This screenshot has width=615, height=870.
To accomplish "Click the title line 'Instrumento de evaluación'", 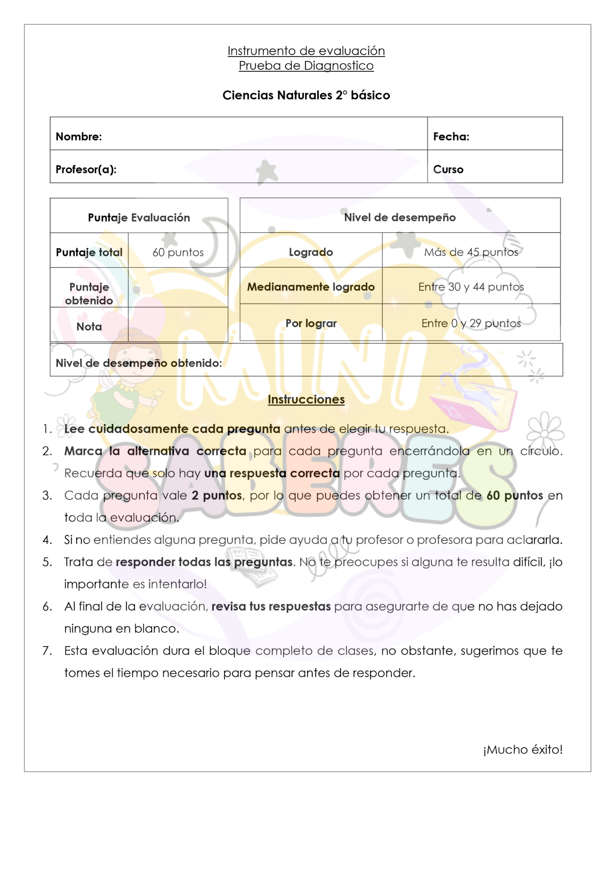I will [306, 51].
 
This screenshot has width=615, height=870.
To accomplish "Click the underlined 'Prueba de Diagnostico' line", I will [306, 66].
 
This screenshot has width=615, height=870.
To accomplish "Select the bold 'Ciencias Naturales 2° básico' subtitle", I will [306, 95].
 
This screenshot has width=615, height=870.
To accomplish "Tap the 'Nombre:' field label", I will [79, 137].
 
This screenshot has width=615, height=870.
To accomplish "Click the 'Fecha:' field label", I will [451, 137].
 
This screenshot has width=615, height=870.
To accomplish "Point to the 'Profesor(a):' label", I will [86, 169].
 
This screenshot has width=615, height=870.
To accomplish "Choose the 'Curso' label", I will [448, 169].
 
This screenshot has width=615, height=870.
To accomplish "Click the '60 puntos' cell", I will [178, 252].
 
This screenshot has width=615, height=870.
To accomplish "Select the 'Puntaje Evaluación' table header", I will [139, 217].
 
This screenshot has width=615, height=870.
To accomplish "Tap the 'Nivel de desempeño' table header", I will [400, 217].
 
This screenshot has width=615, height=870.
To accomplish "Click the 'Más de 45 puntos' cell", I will [471, 252].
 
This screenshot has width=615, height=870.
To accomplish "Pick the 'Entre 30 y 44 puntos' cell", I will [471, 287].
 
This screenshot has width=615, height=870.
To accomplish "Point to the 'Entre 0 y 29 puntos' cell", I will [471, 323].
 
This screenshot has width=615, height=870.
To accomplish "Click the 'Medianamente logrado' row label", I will [311, 287].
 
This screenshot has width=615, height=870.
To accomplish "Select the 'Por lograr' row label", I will [311, 323].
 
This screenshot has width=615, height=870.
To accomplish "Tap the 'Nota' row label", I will [89, 327].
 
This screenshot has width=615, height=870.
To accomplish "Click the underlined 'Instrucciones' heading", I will [306, 399].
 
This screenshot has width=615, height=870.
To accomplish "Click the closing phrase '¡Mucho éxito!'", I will [522, 750].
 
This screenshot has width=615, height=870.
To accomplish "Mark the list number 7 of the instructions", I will [47, 651].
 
